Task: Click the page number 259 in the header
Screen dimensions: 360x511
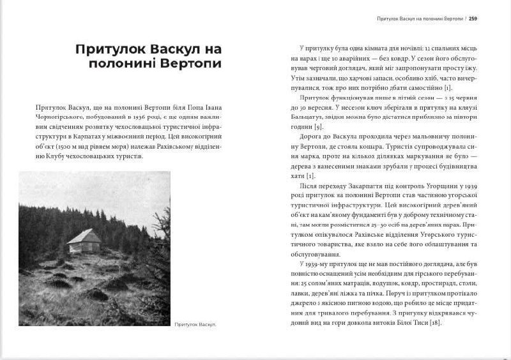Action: pyautogui.click(x=473, y=18)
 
